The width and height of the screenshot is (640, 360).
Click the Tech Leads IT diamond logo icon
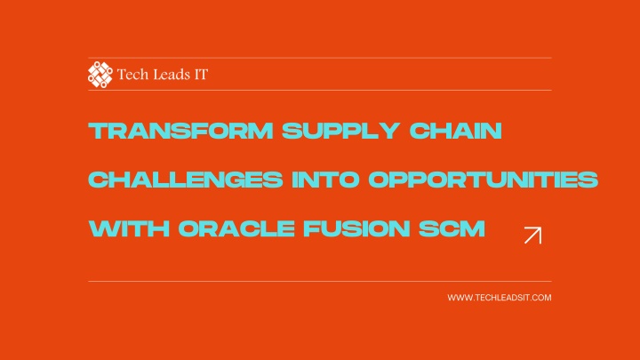[x=100, y=75]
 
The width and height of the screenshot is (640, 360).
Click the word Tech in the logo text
[x=130, y=75]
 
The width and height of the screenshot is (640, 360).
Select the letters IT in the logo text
[x=201, y=75]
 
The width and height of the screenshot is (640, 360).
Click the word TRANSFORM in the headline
[x=180, y=131]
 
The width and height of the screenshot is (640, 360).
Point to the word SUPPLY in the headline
[x=340, y=131]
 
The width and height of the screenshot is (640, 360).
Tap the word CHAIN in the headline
[x=455, y=131]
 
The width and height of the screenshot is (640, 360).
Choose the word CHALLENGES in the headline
[x=186, y=180]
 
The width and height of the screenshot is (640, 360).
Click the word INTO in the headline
[x=325, y=180]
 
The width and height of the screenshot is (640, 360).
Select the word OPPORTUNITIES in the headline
[x=484, y=180]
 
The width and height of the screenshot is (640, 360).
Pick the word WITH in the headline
[x=129, y=228]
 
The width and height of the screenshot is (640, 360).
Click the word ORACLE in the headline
[x=236, y=228]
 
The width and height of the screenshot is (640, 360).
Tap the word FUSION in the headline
[x=356, y=228]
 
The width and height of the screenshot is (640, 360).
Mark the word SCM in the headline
[x=452, y=228]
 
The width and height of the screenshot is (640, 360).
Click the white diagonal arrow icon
[x=533, y=235]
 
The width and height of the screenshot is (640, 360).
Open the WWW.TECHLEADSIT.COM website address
[x=500, y=298]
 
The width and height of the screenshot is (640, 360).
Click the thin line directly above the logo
[x=320, y=58]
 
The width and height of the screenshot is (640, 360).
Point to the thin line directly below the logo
[x=320, y=90]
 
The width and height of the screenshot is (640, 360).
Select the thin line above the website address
[x=320, y=281]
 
